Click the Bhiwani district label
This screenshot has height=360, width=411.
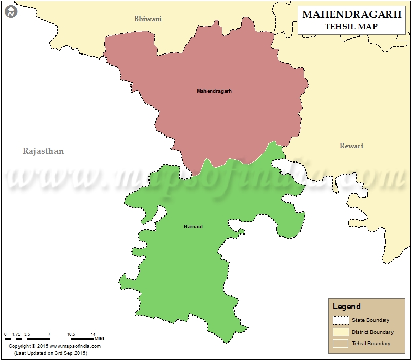(148, 19)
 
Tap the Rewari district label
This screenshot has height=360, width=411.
(351, 146)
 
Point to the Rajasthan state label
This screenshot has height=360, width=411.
(43, 151)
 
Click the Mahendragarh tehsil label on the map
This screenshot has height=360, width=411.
(214, 91)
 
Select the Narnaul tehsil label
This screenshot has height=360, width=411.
(193, 227)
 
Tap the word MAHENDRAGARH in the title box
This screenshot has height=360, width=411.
(352, 14)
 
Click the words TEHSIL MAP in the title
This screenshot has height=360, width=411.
(352, 26)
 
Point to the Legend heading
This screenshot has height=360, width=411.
(347, 307)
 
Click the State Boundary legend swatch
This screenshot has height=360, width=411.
(341, 320)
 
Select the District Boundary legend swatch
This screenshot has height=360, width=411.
(341, 332)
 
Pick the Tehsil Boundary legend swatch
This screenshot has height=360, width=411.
(341, 343)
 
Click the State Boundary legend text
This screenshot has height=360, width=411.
(370, 320)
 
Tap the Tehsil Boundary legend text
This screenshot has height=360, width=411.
(371, 343)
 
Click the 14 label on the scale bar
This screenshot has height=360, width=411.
(93, 334)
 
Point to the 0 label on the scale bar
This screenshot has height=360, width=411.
(6, 334)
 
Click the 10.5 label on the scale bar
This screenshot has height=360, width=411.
(71, 334)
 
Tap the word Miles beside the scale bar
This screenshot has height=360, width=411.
(99, 338)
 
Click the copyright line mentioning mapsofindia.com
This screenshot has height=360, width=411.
(54, 346)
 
